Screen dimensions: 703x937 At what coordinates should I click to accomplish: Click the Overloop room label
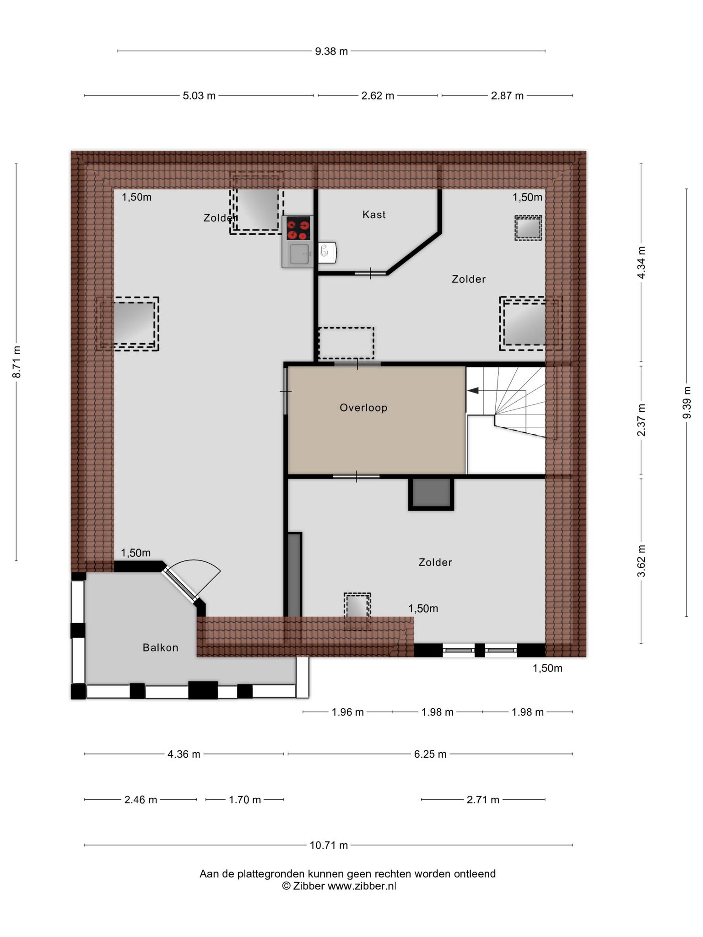[x=363, y=408]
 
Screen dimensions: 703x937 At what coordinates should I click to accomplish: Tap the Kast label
[x=374, y=215]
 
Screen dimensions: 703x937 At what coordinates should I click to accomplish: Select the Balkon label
[x=160, y=647]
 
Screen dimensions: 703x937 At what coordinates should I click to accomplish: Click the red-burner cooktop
[x=297, y=228]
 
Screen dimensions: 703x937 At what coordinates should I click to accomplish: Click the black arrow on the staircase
[x=472, y=391]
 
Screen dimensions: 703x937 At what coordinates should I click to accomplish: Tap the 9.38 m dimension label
[x=331, y=51]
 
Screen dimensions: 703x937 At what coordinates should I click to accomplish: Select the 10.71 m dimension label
[x=329, y=845]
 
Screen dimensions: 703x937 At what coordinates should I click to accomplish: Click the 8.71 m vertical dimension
[x=16, y=361]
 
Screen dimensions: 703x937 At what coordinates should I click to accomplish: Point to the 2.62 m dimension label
[x=378, y=96]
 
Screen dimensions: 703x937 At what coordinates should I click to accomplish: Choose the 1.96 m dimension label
[x=348, y=712]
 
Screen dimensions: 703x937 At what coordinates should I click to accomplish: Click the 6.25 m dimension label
[x=430, y=754]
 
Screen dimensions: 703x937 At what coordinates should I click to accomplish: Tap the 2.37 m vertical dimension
[x=641, y=420]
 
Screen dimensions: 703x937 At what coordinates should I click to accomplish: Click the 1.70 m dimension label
[x=245, y=800]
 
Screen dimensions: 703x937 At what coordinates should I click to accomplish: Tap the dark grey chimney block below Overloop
[x=431, y=493]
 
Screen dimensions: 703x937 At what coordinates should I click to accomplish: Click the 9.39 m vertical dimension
[x=687, y=403]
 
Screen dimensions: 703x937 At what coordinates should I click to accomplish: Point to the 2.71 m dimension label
[x=483, y=800]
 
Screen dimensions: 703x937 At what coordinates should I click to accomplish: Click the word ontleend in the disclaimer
[x=475, y=874]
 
